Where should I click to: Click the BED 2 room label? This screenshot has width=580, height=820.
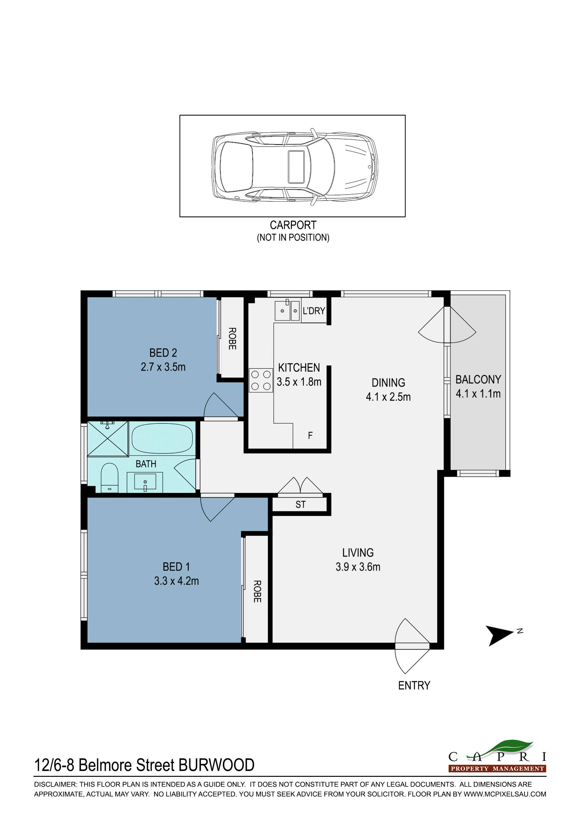pos(163,353)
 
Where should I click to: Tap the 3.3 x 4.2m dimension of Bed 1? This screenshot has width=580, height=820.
pos(176,581)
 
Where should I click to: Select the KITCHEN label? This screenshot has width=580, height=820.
pos(299,368)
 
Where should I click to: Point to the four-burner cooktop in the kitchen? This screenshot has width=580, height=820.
pos(261,380)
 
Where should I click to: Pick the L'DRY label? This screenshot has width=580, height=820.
pos(314,311)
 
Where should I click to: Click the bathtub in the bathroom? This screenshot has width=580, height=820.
pos(162,438)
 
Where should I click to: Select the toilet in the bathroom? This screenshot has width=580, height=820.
pos(110,478)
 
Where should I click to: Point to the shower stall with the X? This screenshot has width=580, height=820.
pos(108,439)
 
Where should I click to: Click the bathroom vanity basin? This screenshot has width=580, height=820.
pos(145,482)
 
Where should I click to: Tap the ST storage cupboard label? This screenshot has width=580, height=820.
pos(300,505)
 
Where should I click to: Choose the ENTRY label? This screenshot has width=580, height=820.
pos(414,685)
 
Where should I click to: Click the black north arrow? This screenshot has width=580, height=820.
pos(500,636)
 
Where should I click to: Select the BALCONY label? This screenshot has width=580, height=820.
pos(478,379)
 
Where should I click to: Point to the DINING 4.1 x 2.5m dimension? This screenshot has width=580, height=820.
pos(388,397)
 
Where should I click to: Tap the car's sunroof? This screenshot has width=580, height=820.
pos(296,167)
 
